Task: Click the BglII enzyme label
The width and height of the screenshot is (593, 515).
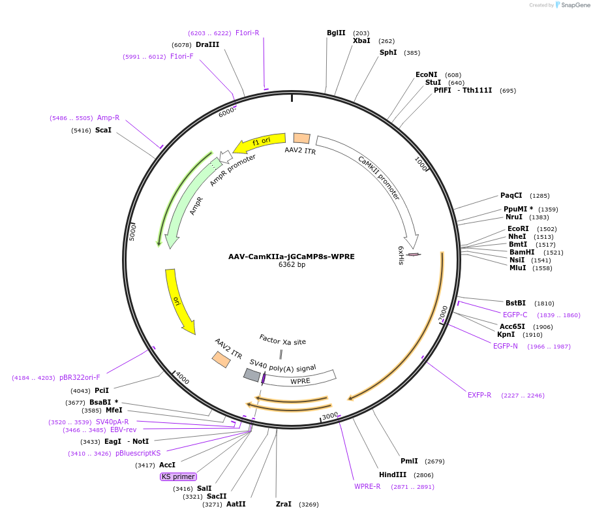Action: click(x=336, y=33)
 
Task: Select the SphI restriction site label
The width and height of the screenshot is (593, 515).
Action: click(x=388, y=52)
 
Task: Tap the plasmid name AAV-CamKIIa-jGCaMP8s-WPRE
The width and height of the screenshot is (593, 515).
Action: click(x=292, y=257)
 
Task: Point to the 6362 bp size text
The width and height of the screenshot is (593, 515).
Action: click(x=292, y=265)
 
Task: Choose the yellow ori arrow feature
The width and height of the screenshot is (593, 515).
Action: click(x=177, y=301)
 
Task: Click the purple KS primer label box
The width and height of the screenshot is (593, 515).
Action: click(x=178, y=477)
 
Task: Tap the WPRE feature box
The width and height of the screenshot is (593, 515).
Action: click(x=301, y=381)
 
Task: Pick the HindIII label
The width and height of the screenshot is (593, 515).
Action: click(x=393, y=475)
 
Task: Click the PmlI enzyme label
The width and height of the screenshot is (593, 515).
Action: click(x=410, y=461)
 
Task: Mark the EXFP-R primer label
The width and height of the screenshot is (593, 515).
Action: click(x=479, y=395)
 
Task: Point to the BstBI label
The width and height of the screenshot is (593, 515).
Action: click(x=515, y=303)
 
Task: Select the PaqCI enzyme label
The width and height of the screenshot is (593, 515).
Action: click(x=511, y=195)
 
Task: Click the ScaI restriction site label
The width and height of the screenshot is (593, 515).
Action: click(x=103, y=131)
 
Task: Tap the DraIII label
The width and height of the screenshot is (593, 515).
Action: click(x=207, y=44)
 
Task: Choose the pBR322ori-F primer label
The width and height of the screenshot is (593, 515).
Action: click(x=80, y=377)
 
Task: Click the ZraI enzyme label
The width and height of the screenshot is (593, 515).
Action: click(x=284, y=505)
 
